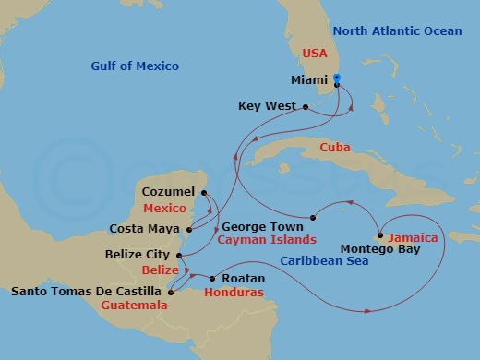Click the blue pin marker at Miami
click(x=337, y=79)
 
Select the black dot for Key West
click(x=306, y=106)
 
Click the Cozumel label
click(x=169, y=191)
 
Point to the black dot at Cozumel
click(x=203, y=191)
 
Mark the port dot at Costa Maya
click(x=188, y=229)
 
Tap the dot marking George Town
click(x=313, y=218)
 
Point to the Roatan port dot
click(x=212, y=278)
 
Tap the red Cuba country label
click(x=333, y=148)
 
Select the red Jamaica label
click(x=413, y=237)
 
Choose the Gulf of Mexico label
click(x=135, y=66)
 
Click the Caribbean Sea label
click(x=324, y=260)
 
